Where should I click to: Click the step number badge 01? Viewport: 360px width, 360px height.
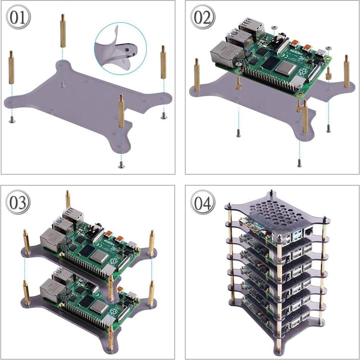pos(18,18)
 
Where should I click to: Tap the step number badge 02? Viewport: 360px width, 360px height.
pos(203,18)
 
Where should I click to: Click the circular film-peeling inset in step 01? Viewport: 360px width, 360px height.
pos(120,47)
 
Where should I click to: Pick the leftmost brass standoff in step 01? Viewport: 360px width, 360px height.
pos(11,67)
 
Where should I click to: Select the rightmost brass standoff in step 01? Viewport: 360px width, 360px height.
pos(163,62)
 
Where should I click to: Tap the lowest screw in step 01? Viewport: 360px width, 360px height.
pos(121,165)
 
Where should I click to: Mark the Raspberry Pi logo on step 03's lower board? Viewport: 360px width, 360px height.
pos(112,312)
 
